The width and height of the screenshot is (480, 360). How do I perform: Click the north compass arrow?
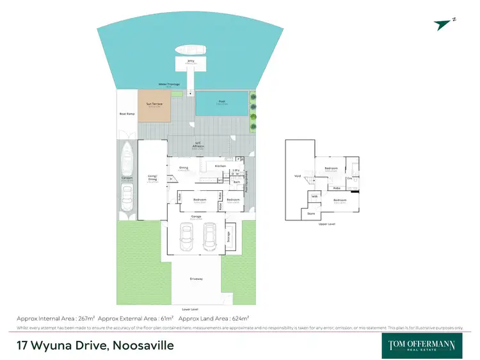tap(442, 24)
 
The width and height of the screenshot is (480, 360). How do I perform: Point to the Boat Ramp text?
tap(127, 114)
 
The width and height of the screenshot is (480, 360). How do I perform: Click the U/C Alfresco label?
tap(199, 144)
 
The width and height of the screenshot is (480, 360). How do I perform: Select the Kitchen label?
tap(221, 166)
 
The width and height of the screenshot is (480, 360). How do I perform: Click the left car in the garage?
tap(186, 238)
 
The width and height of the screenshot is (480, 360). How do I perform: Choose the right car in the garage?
tap(211, 238)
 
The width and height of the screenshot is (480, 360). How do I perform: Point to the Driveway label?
tap(196, 279)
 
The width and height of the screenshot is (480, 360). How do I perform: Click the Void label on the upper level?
tap(297, 176)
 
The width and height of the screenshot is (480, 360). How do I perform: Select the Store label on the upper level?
tap(311, 213)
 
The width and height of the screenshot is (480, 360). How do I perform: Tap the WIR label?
tap(314, 197)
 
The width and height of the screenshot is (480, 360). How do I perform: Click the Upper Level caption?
tap(326, 224)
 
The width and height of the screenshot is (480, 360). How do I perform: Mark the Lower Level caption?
tap(188, 308)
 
